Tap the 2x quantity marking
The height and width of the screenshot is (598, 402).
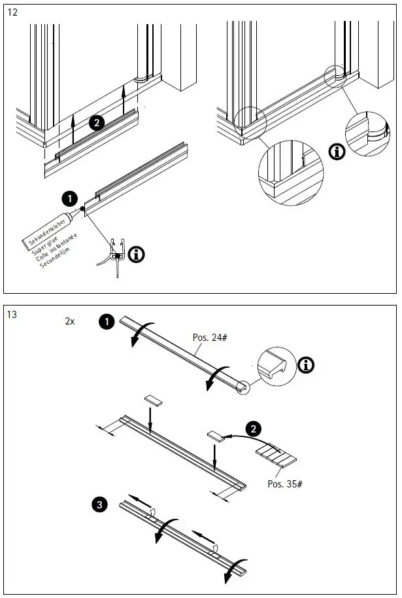70,322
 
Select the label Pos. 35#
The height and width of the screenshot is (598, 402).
285,484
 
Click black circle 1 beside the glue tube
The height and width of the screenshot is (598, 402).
68,198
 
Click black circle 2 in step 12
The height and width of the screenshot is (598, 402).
97,122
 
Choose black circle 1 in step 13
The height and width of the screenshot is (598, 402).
106,321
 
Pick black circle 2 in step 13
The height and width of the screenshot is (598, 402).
252,429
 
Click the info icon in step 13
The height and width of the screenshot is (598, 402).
305,365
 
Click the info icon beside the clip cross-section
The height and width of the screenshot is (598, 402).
137,255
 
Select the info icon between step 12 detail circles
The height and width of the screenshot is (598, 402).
337,152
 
